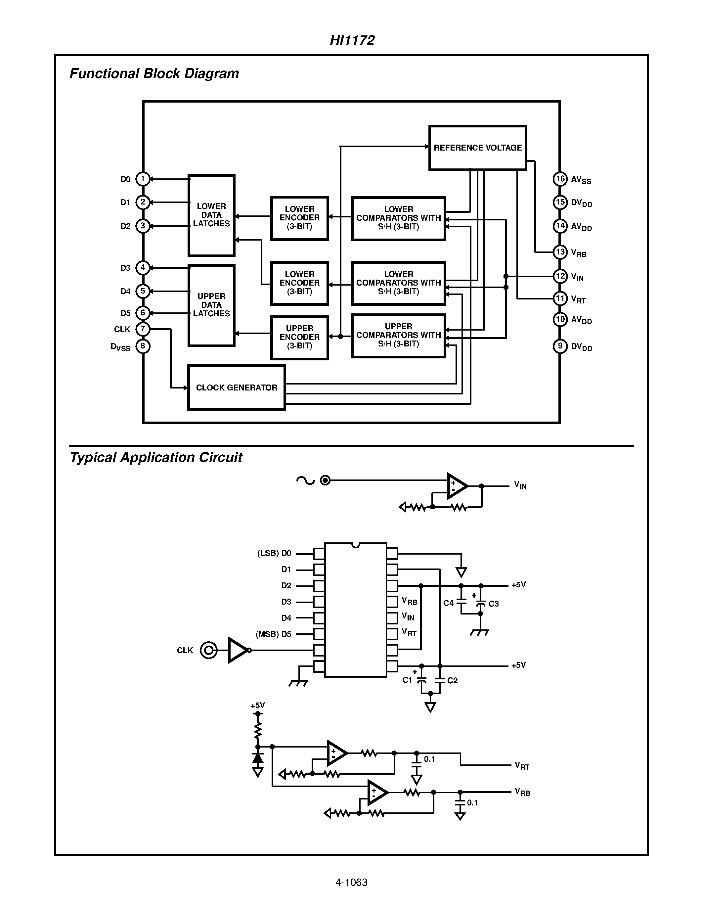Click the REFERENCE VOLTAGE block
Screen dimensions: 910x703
coord(477,148)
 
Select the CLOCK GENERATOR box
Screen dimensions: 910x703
coord(236,387)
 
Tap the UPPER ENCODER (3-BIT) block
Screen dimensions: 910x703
coord(299,337)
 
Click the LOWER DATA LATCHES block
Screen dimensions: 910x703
coord(211,215)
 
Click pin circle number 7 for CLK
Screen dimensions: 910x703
coord(143,329)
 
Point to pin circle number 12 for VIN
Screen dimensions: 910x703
coord(560,276)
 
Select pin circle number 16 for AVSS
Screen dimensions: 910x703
coord(560,179)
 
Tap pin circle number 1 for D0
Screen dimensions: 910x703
coord(143,179)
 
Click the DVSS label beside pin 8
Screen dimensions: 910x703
coord(120,347)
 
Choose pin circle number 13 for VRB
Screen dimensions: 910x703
coord(560,252)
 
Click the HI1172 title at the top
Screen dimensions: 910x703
coord(352,40)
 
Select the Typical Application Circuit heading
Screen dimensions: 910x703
coord(156,458)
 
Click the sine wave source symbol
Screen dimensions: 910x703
coord(305,481)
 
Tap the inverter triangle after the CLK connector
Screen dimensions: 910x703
coord(238,650)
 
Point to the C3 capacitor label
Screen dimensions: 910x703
coord(494,604)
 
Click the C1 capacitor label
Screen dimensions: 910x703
coord(407,680)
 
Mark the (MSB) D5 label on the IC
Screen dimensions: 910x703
coord(273,634)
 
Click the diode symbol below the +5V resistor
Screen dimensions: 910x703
coord(258,758)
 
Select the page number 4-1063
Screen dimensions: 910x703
coord(351,883)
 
